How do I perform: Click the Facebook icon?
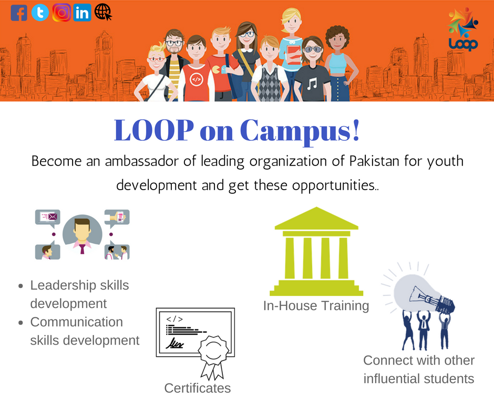(x=19, y=12)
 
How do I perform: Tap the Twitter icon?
(x=40, y=12)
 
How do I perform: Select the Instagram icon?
(x=61, y=12)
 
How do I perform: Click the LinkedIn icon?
(x=82, y=12)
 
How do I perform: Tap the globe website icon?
(x=103, y=12)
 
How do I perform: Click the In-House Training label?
(x=316, y=305)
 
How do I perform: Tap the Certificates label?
(x=198, y=388)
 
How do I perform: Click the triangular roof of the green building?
(x=316, y=219)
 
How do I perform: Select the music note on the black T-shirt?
(x=312, y=82)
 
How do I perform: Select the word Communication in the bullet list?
(x=77, y=322)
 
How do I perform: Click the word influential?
(x=394, y=378)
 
